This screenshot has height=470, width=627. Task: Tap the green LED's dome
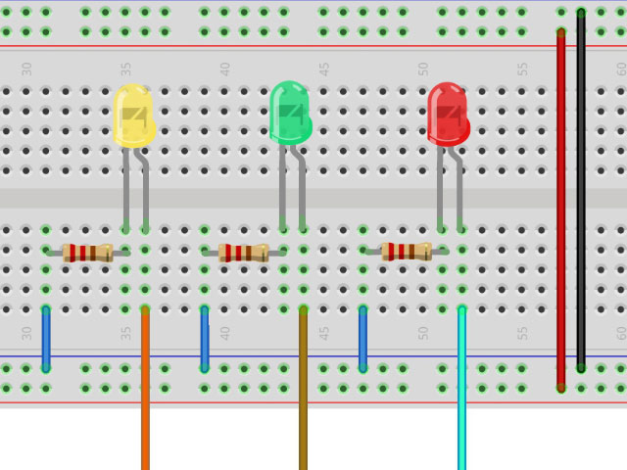click(x=289, y=112)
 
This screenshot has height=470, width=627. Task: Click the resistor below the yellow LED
click(x=87, y=253)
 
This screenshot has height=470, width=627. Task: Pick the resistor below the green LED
click(x=243, y=253)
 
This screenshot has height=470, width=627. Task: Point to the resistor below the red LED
click(x=406, y=252)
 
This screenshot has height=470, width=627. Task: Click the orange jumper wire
click(x=145, y=392)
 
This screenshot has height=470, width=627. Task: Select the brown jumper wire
click(x=303, y=392)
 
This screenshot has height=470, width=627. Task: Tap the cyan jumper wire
click(x=461, y=392)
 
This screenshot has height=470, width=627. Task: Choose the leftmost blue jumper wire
click(x=46, y=339)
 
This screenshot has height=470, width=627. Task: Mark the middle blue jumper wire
click(x=205, y=339)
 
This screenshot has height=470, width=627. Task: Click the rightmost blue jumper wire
click(x=362, y=339)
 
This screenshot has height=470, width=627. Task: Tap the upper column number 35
click(x=126, y=70)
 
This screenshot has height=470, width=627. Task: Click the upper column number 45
click(x=324, y=70)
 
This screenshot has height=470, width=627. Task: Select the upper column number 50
click(x=423, y=70)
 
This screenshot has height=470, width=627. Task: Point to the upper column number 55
click(x=523, y=70)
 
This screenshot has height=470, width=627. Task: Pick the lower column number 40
click(x=225, y=333)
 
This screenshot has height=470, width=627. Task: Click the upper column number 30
click(x=27, y=70)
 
